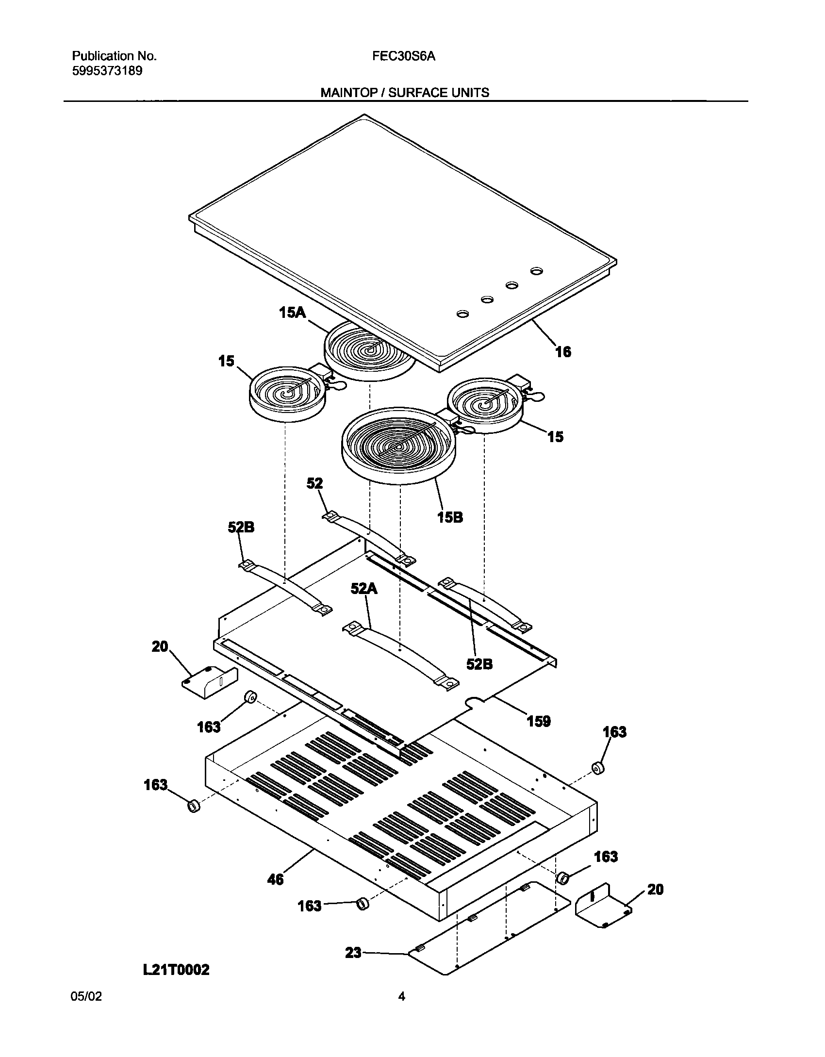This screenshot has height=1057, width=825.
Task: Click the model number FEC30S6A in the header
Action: pos(404,56)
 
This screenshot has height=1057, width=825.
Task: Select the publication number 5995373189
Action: pos(107,71)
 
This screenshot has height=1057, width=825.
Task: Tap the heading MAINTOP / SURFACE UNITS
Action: pos(405,92)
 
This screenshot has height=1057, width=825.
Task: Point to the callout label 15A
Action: pos(292,313)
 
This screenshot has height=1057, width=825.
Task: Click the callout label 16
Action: pos(563,351)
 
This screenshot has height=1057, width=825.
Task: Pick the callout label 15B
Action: pos(450,517)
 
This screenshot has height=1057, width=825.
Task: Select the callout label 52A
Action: pos(364,589)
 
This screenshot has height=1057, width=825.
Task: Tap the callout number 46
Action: pos(275,879)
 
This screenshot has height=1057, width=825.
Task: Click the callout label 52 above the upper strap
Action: pos(314,483)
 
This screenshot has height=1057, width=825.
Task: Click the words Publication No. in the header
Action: pos(114,56)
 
